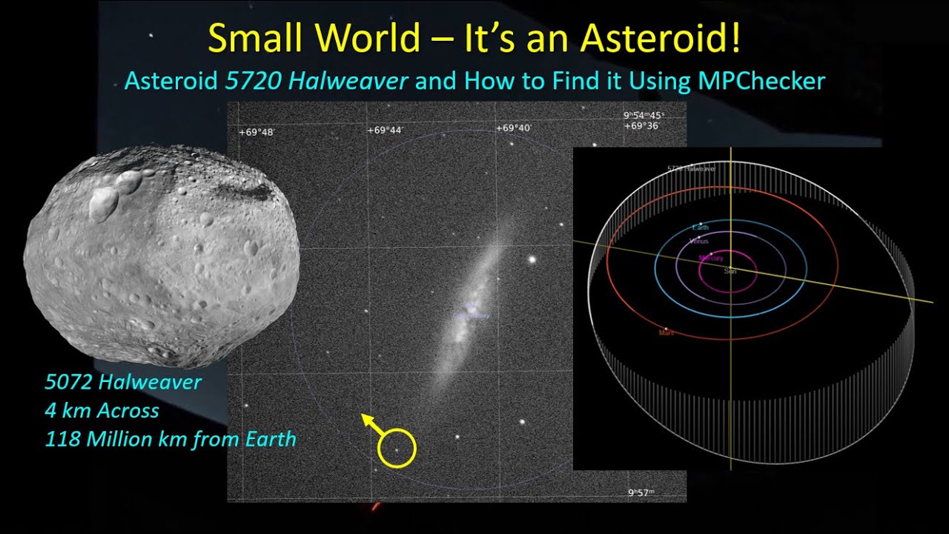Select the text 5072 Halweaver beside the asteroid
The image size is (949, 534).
pyautogui.click(x=123, y=383)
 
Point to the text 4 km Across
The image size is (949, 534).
pyautogui.click(x=102, y=411)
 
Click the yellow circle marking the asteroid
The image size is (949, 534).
pyautogui.click(x=397, y=449)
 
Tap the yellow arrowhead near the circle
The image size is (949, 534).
pyautogui.click(x=366, y=419)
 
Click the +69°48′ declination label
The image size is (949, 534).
pyautogui.click(x=257, y=132)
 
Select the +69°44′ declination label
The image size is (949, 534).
pyautogui.click(x=385, y=131)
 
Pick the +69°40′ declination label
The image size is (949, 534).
pyautogui.click(x=513, y=128)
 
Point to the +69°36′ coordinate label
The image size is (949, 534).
pyautogui.click(x=641, y=126)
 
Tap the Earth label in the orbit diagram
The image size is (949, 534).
pyautogui.click(x=701, y=227)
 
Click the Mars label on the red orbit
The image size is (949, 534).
pyautogui.click(x=667, y=333)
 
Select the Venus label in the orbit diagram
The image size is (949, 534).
pyautogui.click(x=698, y=242)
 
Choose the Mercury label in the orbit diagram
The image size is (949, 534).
pyautogui.click(x=712, y=258)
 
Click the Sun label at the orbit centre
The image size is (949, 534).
pyautogui.click(x=730, y=272)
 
